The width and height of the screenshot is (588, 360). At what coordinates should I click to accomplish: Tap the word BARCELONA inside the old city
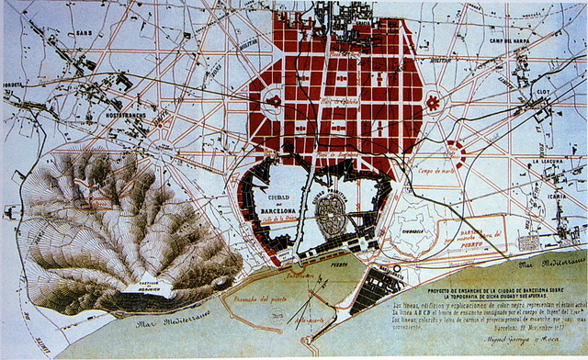click(277, 210)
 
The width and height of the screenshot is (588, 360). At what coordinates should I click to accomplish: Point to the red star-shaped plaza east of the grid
click(432, 104)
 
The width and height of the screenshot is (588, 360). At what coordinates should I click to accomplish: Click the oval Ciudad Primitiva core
click(331, 210)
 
